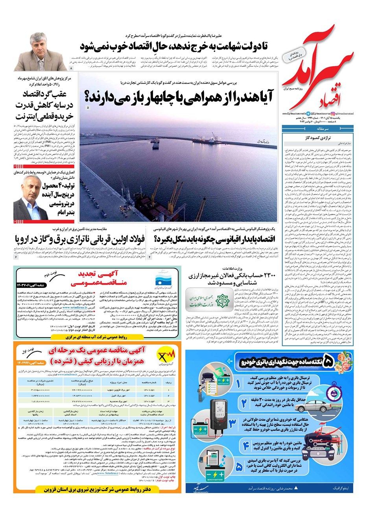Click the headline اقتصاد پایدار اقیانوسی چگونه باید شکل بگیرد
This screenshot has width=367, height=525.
coord(215,239)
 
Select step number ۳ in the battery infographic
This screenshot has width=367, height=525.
coord(233,423)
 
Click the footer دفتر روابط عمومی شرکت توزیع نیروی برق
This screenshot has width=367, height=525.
coord(98,490)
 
